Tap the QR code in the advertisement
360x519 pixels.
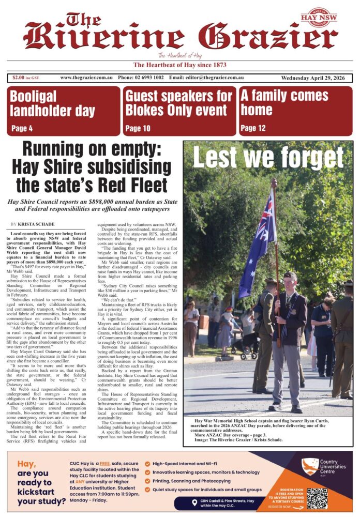click(x=317, y=498)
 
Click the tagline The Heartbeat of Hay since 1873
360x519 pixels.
click(x=180, y=65)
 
